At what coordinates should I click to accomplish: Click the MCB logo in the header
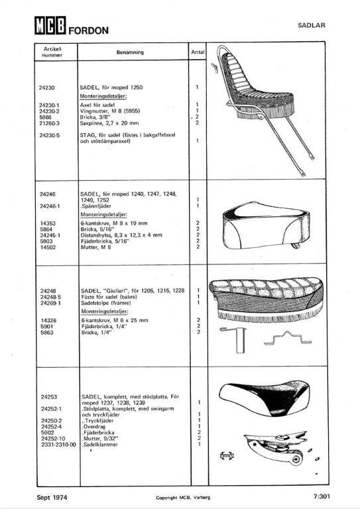[x=50, y=25]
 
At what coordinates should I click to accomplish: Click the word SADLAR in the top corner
[x=312, y=25]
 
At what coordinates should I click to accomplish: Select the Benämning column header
[x=130, y=52]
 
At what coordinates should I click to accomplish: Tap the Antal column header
[x=198, y=52]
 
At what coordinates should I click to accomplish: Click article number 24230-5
[x=49, y=135]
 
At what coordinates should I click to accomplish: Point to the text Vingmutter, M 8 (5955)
[x=110, y=111]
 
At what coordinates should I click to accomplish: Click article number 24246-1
[x=50, y=206]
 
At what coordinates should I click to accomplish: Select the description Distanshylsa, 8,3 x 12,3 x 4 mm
[x=121, y=235]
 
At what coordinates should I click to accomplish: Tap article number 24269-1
[x=50, y=303]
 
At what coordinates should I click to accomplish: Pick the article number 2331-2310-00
[x=58, y=445]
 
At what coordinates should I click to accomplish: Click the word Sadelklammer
[x=100, y=445]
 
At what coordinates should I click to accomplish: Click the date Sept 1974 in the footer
[x=52, y=497]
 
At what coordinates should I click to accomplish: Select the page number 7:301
[x=322, y=496]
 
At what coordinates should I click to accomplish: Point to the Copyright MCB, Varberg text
[x=183, y=498]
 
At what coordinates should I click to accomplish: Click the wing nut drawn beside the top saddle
[x=214, y=68]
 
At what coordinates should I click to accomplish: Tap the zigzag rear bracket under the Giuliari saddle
[x=288, y=338]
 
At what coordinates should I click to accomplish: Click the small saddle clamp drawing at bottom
[x=227, y=456]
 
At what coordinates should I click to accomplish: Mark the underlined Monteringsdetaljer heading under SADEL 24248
[x=105, y=311]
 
